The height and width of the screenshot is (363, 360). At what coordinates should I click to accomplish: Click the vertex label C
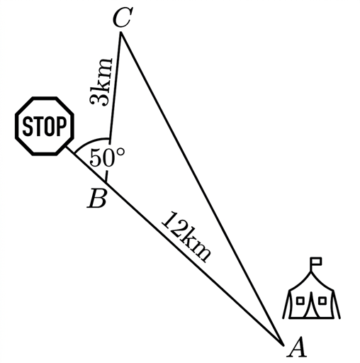(121, 17)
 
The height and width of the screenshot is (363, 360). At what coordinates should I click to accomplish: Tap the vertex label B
(96, 199)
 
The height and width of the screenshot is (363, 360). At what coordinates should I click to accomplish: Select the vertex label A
(297, 347)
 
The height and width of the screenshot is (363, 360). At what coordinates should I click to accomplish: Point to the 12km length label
(186, 237)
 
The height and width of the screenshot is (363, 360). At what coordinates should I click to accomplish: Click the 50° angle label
(107, 157)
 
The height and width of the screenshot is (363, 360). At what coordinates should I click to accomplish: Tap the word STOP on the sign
(45, 126)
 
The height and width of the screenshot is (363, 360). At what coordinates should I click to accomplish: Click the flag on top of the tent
(316, 261)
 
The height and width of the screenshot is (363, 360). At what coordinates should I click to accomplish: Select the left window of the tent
(300, 301)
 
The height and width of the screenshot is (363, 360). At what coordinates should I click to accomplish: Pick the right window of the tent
(322, 301)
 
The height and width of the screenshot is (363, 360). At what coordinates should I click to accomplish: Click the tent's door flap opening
(311, 305)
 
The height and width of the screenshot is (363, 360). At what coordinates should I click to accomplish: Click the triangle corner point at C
(121, 33)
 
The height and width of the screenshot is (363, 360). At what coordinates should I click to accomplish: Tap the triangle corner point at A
(283, 345)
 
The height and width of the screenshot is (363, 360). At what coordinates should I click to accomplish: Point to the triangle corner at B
(106, 183)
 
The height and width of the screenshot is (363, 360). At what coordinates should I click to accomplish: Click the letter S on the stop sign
(27, 126)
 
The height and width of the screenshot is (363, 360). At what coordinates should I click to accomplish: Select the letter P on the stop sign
(62, 126)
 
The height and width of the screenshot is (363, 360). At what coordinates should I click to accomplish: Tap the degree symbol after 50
(120, 152)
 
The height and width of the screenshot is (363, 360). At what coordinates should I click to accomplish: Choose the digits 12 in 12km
(171, 223)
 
